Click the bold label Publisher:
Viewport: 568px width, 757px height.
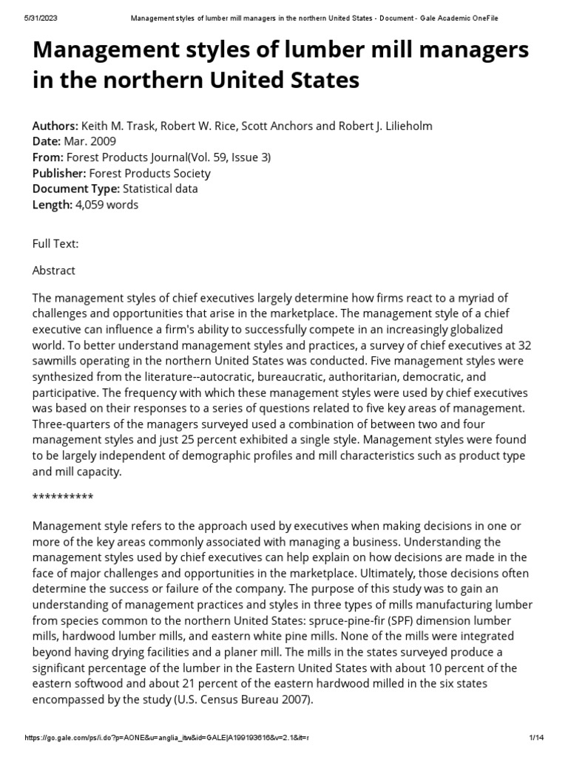pos(59,173)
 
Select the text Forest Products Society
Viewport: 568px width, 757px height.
pos(149,173)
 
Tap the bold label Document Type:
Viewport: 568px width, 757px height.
pos(72,189)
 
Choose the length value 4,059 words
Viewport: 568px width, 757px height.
pos(106,205)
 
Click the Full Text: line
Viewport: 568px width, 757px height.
pos(55,243)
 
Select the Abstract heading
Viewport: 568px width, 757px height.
pos(54,271)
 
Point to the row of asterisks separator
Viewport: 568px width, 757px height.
pos(63,497)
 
